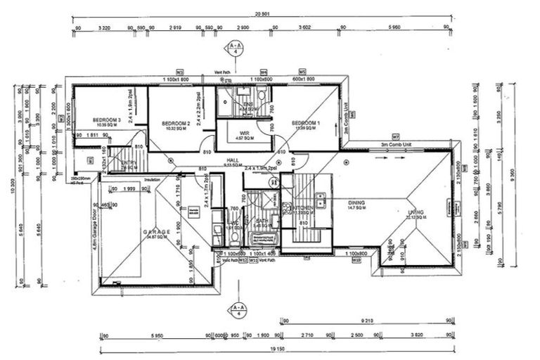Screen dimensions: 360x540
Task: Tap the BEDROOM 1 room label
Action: point(306,122)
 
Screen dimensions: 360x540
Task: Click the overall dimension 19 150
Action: point(274,348)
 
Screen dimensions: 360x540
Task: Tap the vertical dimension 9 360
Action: point(521,178)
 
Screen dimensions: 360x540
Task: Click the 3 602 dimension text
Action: point(304,28)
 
